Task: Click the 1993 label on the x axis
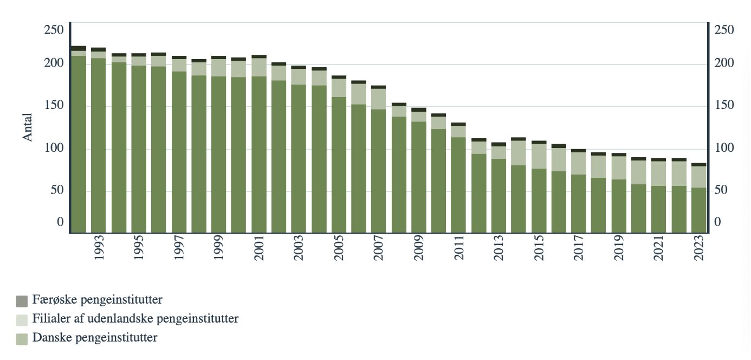[x=99, y=248]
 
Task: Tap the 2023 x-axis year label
[x=700, y=248]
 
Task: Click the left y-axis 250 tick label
[x=54, y=29]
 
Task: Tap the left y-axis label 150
[x=54, y=105]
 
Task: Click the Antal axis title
[x=28, y=127]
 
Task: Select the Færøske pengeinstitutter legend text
[x=97, y=299]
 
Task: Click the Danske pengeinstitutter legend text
[x=95, y=338]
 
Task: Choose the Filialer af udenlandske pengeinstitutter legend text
[x=135, y=318]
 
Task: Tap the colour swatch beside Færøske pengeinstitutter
[x=22, y=301]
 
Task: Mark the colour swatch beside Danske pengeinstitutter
[x=22, y=339]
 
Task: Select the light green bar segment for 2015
[x=539, y=156]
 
